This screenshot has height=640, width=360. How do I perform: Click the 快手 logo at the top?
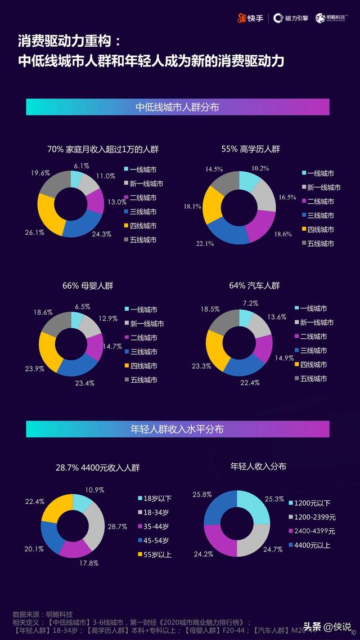click(250, 18)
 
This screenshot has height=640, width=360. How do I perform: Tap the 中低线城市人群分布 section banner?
click(177, 106)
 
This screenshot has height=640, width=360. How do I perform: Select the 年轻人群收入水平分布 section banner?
click(177, 429)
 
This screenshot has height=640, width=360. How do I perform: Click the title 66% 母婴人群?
click(88, 285)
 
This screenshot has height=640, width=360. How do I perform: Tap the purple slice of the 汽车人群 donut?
click(264, 348)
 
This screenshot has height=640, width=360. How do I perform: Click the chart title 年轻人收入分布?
click(258, 466)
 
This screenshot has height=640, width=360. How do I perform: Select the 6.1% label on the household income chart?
click(81, 166)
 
